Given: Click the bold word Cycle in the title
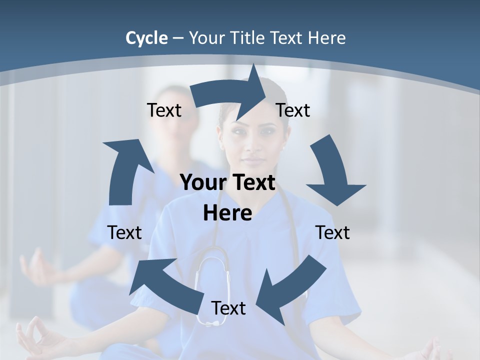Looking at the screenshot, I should (146, 38).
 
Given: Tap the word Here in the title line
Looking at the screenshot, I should (326, 38).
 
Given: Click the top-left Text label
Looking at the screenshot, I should (164, 110).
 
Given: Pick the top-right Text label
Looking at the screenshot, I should (293, 110).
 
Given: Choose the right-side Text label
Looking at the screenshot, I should (332, 232).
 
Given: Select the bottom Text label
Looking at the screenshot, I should (228, 308).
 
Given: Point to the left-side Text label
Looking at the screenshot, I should (124, 232).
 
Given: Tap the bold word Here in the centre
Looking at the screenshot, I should (227, 213).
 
